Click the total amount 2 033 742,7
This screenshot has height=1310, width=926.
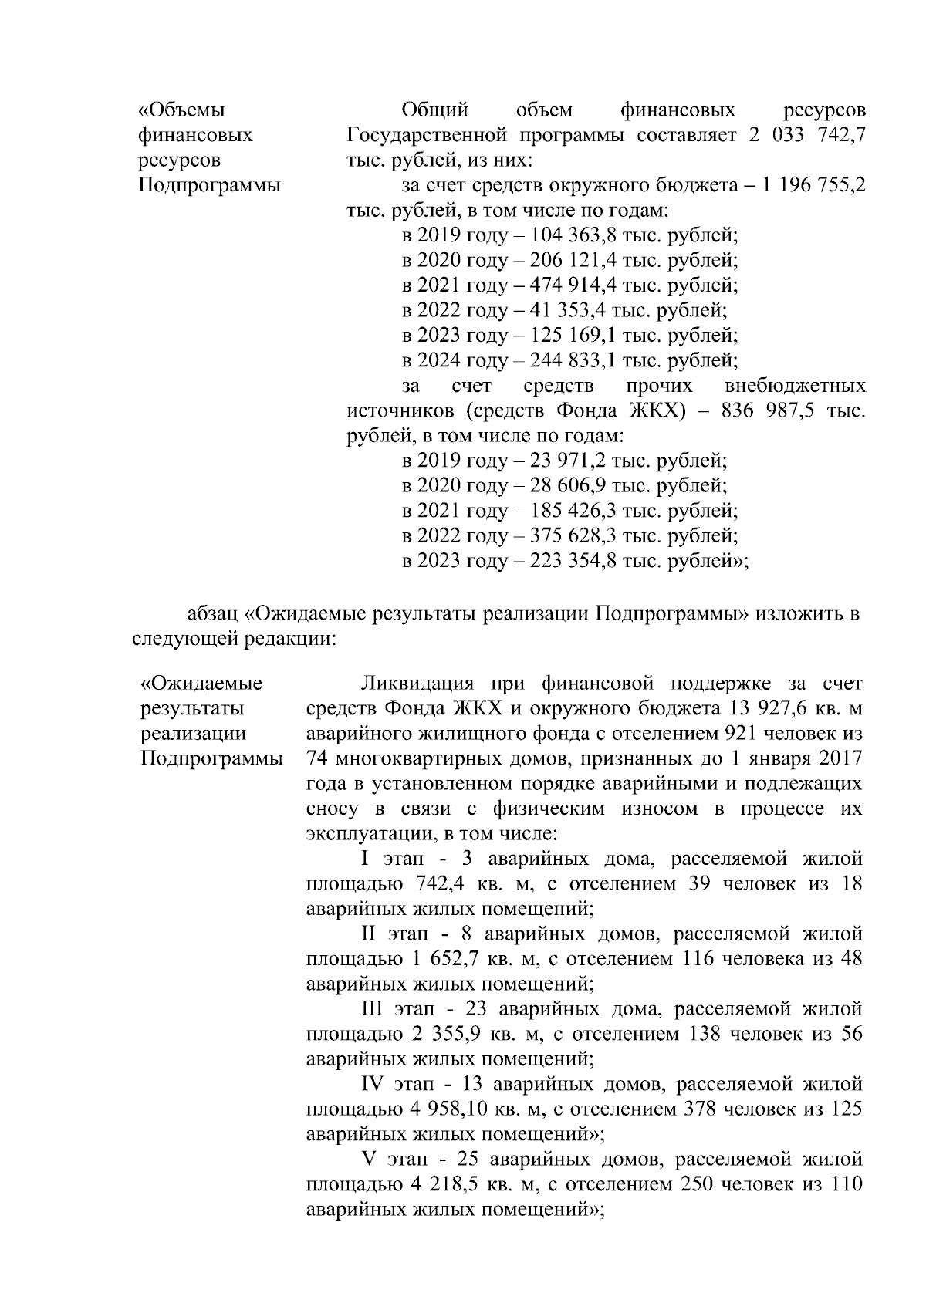(x=806, y=135)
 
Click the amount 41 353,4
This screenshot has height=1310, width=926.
(x=562, y=310)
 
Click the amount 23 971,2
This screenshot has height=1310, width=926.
(x=562, y=461)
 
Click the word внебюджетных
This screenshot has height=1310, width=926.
(x=796, y=386)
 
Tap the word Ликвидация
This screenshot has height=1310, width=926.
(x=417, y=684)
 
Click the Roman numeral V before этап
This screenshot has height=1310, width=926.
(x=367, y=1160)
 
